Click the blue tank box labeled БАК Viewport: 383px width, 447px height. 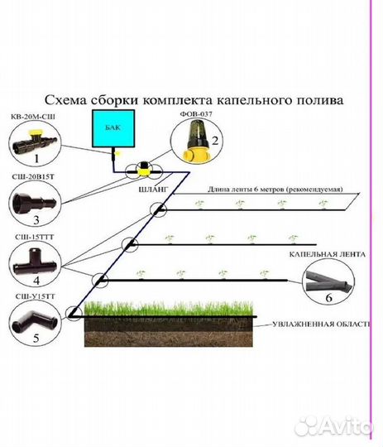[x=113, y=128]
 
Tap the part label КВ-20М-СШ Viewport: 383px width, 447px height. [x=33, y=117]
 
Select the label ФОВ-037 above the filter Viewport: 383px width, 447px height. [x=196, y=113]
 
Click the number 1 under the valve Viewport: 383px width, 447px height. [x=36, y=158]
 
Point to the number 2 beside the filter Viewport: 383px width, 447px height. [x=215, y=141]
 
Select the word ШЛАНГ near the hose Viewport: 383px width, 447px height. [x=153, y=190]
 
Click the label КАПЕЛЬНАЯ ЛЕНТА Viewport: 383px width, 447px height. [x=327, y=254]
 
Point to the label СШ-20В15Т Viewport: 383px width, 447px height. [x=33, y=177]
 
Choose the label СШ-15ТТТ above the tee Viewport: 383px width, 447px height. [x=35, y=238]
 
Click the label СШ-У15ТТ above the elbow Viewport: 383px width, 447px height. [x=35, y=297]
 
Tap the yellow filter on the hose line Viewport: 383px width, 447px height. [x=143, y=171]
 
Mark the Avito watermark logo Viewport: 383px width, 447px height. [x=333, y=426]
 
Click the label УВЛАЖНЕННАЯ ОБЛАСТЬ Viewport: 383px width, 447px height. [x=322, y=324]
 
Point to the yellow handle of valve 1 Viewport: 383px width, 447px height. [x=34, y=132]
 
